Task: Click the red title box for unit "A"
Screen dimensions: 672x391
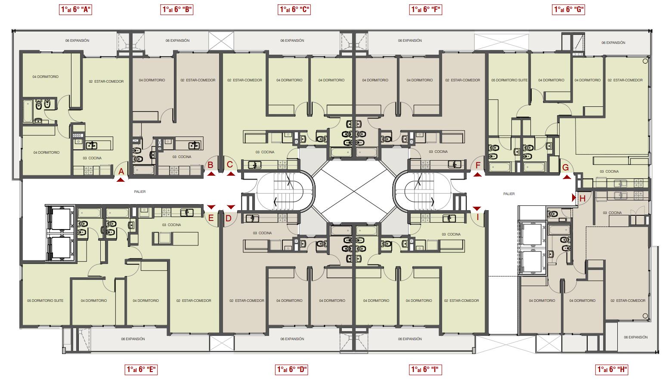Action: [x=75, y=9]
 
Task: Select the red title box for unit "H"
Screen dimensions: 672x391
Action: [x=612, y=369]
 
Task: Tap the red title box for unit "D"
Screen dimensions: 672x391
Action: [x=291, y=369]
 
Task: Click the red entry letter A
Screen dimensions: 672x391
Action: [x=121, y=171]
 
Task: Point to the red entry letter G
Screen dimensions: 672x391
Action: [x=566, y=168]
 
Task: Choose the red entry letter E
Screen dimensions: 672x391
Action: [x=211, y=218]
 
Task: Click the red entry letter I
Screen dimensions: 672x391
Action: [x=477, y=217]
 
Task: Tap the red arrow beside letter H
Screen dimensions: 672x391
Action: [x=573, y=198]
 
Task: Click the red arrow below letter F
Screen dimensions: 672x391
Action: [x=477, y=175]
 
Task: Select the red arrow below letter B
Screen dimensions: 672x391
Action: [x=211, y=174]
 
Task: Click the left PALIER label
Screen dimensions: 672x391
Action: [x=140, y=192]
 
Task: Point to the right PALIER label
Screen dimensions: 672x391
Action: [x=509, y=194]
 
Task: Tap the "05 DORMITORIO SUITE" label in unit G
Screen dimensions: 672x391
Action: [x=509, y=80]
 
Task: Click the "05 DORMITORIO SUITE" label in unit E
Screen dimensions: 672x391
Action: [x=45, y=301]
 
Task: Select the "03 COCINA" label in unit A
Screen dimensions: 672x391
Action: [x=92, y=158]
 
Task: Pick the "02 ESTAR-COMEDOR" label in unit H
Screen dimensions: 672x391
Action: [x=628, y=301]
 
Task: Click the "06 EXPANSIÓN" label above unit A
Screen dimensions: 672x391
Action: [x=77, y=40]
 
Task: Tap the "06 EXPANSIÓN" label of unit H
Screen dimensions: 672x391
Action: [x=636, y=337]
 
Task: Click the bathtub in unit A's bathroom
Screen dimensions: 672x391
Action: [x=28, y=112]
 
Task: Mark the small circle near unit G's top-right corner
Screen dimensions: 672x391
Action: [x=645, y=61]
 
